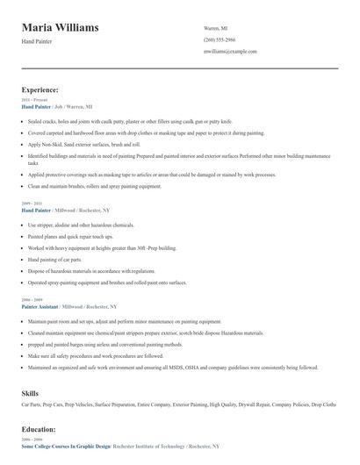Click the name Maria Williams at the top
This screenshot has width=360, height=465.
click(60, 28)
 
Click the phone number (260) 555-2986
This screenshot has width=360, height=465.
click(220, 39)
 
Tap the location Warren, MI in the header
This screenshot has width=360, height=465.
click(216, 27)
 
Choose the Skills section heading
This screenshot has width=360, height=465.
click(32, 393)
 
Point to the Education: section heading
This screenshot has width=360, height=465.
click(39, 429)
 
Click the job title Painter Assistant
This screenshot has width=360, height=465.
click(40, 307)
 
